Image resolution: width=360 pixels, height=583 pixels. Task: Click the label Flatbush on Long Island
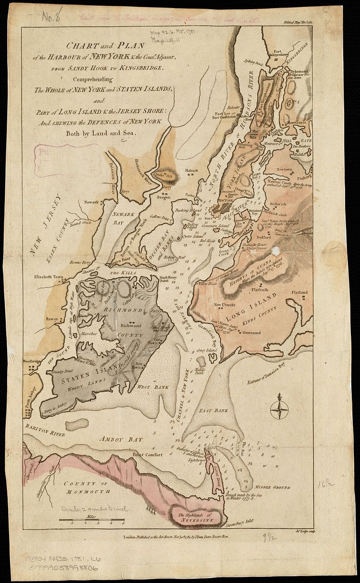click(x=262, y=290)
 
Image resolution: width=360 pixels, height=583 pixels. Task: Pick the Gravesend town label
click(x=251, y=332)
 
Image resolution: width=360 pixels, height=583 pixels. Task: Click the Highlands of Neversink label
click(x=198, y=517)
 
